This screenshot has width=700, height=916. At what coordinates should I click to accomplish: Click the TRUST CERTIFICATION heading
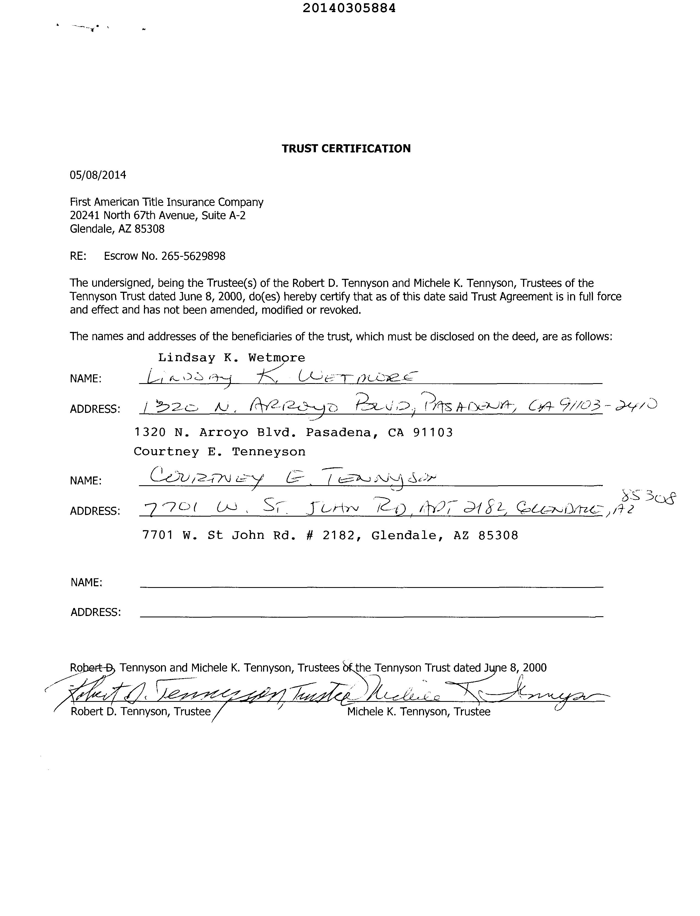tap(346, 149)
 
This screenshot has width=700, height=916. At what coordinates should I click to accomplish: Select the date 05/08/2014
tap(98, 175)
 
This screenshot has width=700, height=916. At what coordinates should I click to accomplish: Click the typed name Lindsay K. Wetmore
tap(231, 358)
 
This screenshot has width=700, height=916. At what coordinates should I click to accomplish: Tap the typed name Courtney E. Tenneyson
tap(219, 452)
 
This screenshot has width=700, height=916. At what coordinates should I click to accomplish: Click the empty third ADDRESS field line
tap(371, 616)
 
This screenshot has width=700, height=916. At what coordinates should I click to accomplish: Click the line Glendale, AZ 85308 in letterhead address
tap(117, 229)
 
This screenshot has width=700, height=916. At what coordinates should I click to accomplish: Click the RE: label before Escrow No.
tap(78, 256)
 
